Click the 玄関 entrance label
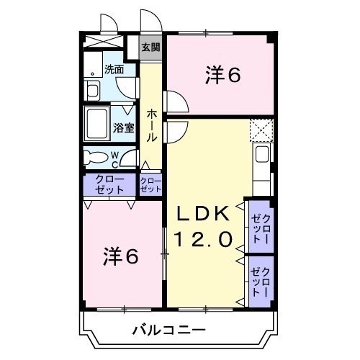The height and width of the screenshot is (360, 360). point(150,48)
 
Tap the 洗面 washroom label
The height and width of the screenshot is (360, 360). point(114,70)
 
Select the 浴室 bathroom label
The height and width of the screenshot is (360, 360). point(123,128)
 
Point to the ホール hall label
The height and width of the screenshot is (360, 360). point(153,124)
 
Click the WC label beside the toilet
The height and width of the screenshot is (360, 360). point(115,158)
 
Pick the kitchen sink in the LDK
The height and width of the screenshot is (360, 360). point(262,154)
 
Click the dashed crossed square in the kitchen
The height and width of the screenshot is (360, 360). point(261,129)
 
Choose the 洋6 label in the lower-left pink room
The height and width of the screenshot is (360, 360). point(120,256)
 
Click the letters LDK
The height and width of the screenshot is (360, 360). point(205,213)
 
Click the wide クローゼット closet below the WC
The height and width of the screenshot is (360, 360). point(109,184)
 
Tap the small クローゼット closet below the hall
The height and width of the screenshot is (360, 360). point(150,185)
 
